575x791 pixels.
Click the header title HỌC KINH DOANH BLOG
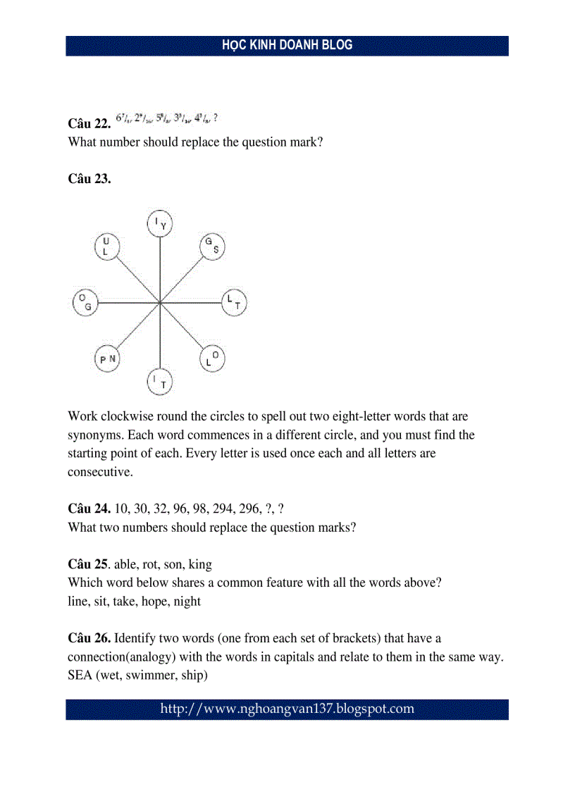[287, 45]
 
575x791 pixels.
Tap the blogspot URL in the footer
[287, 709]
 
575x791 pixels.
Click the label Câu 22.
[89, 123]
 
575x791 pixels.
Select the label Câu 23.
[89, 179]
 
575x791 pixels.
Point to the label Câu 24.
[89, 508]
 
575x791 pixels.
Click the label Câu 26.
[89, 638]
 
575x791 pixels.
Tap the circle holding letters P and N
[108, 359]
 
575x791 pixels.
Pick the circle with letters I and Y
[160, 224]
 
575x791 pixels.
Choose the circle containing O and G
[85, 303]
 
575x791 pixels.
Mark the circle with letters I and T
[160, 382]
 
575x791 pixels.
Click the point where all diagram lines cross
[160, 303]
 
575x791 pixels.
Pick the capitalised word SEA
[80, 675]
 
